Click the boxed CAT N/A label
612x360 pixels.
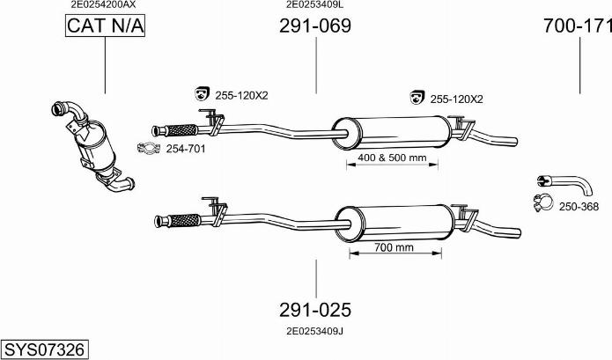click(x=105, y=26)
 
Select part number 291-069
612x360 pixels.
click(x=315, y=26)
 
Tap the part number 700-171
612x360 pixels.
click(x=578, y=26)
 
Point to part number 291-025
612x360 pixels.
click(x=315, y=310)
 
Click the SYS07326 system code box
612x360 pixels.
click(x=44, y=349)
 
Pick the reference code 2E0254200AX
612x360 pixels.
click(x=103, y=4)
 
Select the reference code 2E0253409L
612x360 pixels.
click(x=315, y=4)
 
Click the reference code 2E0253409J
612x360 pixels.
click(x=315, y=331)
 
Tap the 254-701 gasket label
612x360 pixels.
click(x=186, y=149)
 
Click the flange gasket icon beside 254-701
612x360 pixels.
click(x=149, y=148)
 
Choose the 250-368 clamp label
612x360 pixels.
click(x=579, y=207)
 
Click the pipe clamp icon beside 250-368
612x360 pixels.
click(x=543, y=202)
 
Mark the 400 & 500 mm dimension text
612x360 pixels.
click(x=392, y=158)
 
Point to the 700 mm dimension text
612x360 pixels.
click(x=394, y=247)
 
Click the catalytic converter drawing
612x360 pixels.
click(x=92, y=147)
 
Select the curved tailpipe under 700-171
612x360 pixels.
click(x=564, y=185)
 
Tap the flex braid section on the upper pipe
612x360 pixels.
click(x=182, y=130)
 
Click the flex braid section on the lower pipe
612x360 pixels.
click(x=185, y=220)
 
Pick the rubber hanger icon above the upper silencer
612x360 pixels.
click(x=417, y=97)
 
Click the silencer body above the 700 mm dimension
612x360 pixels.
click(x=395, y=224)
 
